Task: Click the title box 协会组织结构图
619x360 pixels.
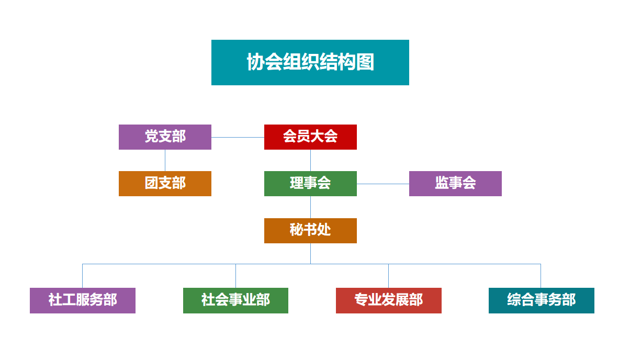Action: pyautogui.click(x=310, y=62)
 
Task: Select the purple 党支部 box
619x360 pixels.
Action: pyautogui.click(x=165, y=137)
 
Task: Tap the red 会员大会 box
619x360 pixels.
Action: pyautogui.click(x=310, y=137)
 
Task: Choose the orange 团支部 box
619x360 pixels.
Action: pyautogui.click(x=165, y=184)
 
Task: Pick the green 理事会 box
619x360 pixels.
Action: pyautogui.click(x=310, y=184)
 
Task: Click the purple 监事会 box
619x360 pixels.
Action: pyautogui.click(x=455, y=184)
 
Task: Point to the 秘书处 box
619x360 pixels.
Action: pyautogui.click(x=310, y=231)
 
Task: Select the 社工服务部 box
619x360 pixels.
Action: pyautogui.click(x=83, y=300)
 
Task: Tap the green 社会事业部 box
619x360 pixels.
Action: pyautogui.click(x=235, y=300)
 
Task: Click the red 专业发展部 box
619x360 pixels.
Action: pyautogui.click(x=388, y=300)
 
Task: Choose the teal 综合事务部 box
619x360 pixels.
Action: pyautogui.click(x=541, y=300)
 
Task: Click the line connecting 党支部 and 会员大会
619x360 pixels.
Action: pyautogui.click(x=238, y=138)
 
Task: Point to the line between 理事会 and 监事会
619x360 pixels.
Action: pyautogui.click(x=383, y=184)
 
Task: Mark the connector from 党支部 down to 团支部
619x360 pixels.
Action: pyautogui.click(x=165, y=160)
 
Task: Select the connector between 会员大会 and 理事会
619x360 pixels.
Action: pyautogui.click(x=310, y=160)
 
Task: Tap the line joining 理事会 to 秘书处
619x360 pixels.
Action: pyautogui.click(x=310, y=207)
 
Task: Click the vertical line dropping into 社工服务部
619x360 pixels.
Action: pyautogui.click(x=83, y=276)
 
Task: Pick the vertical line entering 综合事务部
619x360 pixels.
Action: pyautogui.click(x=541, y=276)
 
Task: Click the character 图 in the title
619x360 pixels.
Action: pyautogui.click(x=365, y=62)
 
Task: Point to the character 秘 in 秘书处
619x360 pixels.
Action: pyautogui.click(x=297, y=230)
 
